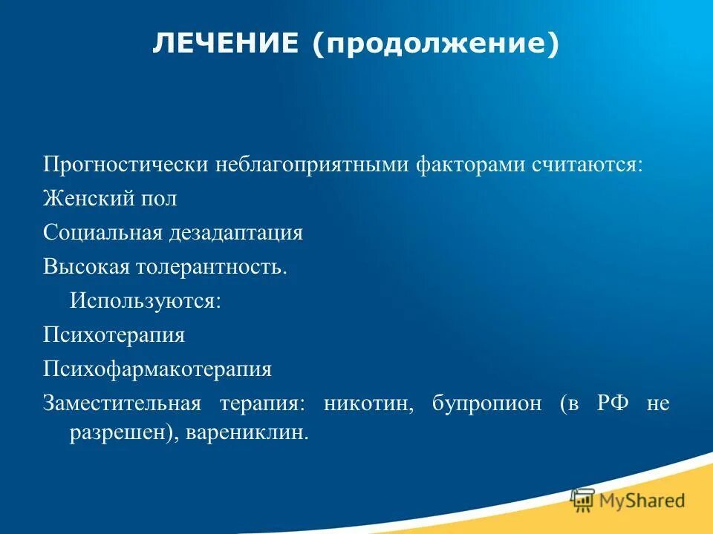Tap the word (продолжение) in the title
pyautogui.click(x=435, y=46)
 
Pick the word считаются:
pyautogui.click(x=587, y=165)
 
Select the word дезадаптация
pyautogui.click(x=235, y=233)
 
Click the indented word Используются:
pyautogui.click(x=146, y=301)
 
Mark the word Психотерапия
pyautogui.click(x=114, y=335)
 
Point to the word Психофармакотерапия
pyautogui.click(x=157, y=369)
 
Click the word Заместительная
pyautogui.click(x=122, y=403)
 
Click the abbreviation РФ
pyautogui.click(x=613, y=403)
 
